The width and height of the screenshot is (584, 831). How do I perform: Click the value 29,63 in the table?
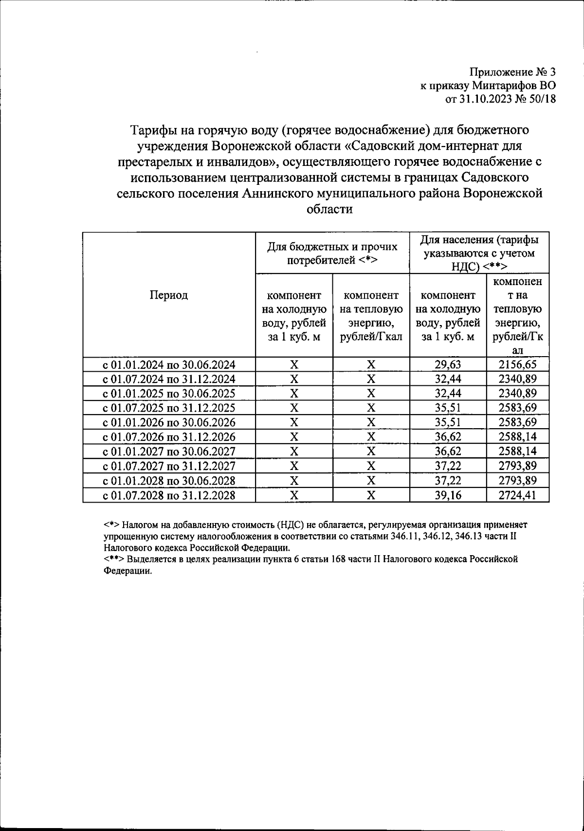pyautogui.click(x=448, y=364)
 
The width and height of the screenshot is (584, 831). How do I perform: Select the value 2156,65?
pyautogui.click(x=517, y=364)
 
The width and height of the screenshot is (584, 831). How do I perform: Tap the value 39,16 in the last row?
pyautogui.click(x=448, y=495)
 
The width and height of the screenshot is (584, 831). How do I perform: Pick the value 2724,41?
pyautogui.click(x=517, y=495)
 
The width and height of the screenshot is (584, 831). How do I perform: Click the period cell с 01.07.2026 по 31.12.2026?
pyautogui.click(x=169, y=437)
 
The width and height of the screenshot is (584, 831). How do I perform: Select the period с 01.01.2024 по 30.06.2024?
pyautogui.click(x=169, y=364)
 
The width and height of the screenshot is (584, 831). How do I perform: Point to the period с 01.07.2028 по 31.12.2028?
pyautogui.click(x=169, y=495)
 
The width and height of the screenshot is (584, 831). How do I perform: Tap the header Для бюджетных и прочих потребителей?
pyautogui.click(x=332, y=253)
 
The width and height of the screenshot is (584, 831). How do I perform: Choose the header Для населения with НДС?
pyautogui.click(x=479, y=253)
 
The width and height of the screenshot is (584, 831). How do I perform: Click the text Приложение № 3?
pyautogui.click(x=512, y=72)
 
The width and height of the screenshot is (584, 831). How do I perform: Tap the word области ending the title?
pyautogui.click(x=329, y=209)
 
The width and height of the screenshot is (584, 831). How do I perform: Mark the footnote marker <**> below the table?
pyautogui.click(x=114, y=559)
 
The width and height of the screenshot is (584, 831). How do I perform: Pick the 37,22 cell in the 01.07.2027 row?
pyautogui.click(x=448, y=466)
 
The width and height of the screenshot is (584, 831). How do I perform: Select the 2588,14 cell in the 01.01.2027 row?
pyautogui.click(x=517, y=452)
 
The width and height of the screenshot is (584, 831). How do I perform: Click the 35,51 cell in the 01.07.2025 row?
pyautogui.click(x=448, y=408)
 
